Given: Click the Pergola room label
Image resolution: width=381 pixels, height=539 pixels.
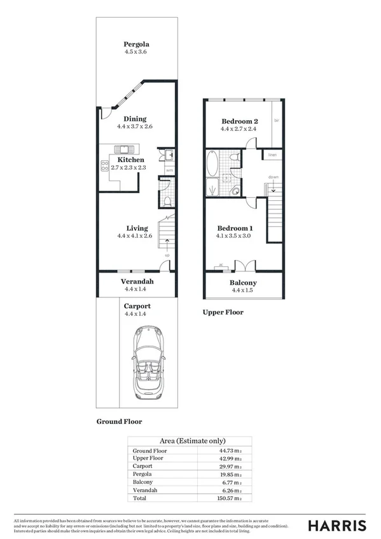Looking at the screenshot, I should [135, 44].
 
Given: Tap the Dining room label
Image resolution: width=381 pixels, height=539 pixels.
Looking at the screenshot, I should [135, 118].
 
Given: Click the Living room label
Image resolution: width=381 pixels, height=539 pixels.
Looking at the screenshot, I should [137, 228].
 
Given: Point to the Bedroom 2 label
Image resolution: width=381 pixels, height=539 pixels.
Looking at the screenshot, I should [239, 121].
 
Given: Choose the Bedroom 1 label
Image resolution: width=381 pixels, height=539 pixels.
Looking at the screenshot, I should [235, 228].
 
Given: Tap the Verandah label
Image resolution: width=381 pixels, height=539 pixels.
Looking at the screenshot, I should [137, 281].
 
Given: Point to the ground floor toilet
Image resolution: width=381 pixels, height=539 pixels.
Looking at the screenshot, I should [165, 201].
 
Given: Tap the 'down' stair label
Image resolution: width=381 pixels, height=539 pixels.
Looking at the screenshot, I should [272, 178].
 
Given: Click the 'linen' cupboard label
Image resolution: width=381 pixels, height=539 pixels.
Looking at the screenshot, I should [272, 154].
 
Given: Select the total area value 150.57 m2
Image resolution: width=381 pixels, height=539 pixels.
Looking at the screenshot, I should [230, 499].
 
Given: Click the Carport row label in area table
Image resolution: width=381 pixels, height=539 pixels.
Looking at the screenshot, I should [142, 466].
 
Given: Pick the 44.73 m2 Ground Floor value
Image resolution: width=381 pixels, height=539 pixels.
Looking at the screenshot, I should [230, 450].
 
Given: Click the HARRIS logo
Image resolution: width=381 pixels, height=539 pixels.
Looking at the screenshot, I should [336, 525].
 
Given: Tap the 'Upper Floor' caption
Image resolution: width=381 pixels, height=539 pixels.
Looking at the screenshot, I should [223, 312].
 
